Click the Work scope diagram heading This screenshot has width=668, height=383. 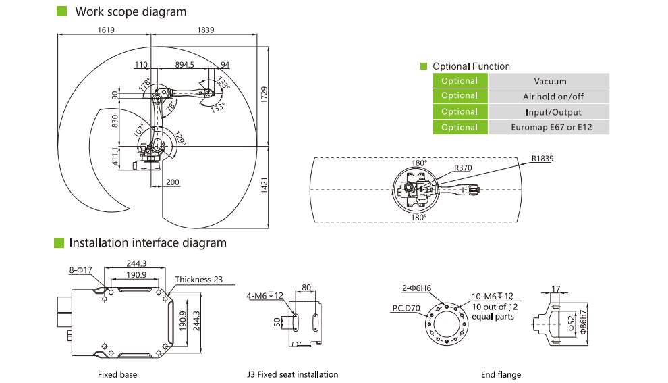point(130,11)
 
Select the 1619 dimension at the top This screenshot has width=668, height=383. point(107,30)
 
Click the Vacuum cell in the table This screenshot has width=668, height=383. point(549,81)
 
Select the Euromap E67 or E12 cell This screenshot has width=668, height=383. point(549,128)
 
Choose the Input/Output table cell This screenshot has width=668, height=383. point(549,112)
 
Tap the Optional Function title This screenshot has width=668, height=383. point(471,66)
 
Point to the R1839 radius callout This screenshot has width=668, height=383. point(542,159)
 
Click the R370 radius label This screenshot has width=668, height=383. point(462,168)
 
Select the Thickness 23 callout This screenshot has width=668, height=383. point(198,279)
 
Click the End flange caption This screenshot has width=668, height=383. point(501,374)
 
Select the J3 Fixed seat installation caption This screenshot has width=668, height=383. point(293,374)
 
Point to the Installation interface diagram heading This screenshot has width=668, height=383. point(147,242)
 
